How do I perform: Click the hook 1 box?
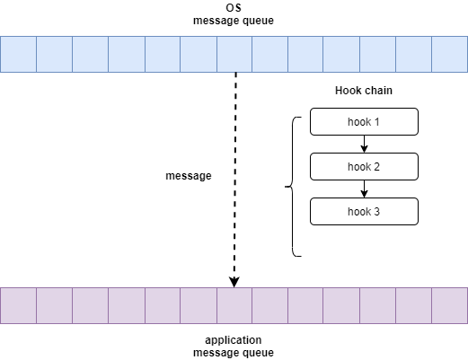tap(364, 122)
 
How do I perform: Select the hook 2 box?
tap(364, 167)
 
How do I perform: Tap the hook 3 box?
tap(364, 212)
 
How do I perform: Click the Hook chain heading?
tap(364, 91)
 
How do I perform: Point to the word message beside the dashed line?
tap(189, 176)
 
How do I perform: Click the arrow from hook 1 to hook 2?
tap(364, 144)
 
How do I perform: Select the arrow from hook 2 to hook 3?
tap(364, 189)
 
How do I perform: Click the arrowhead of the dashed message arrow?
tap(234, 282)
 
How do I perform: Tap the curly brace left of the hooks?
tap(292, 187)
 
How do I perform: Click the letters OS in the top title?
tap(234, 8)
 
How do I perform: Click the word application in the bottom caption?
tap(234, 340)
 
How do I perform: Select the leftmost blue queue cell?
tap(18, 55)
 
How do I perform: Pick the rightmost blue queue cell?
tap(450, 55)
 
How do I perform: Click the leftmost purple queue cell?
tap(18, 306)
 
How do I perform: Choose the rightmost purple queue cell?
tap(450, 306)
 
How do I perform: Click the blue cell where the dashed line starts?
tap(234, 55)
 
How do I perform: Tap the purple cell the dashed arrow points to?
tap(234, 306)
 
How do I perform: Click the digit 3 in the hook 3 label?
tap(376, 212)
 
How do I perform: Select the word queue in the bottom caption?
tap(258, 354)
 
